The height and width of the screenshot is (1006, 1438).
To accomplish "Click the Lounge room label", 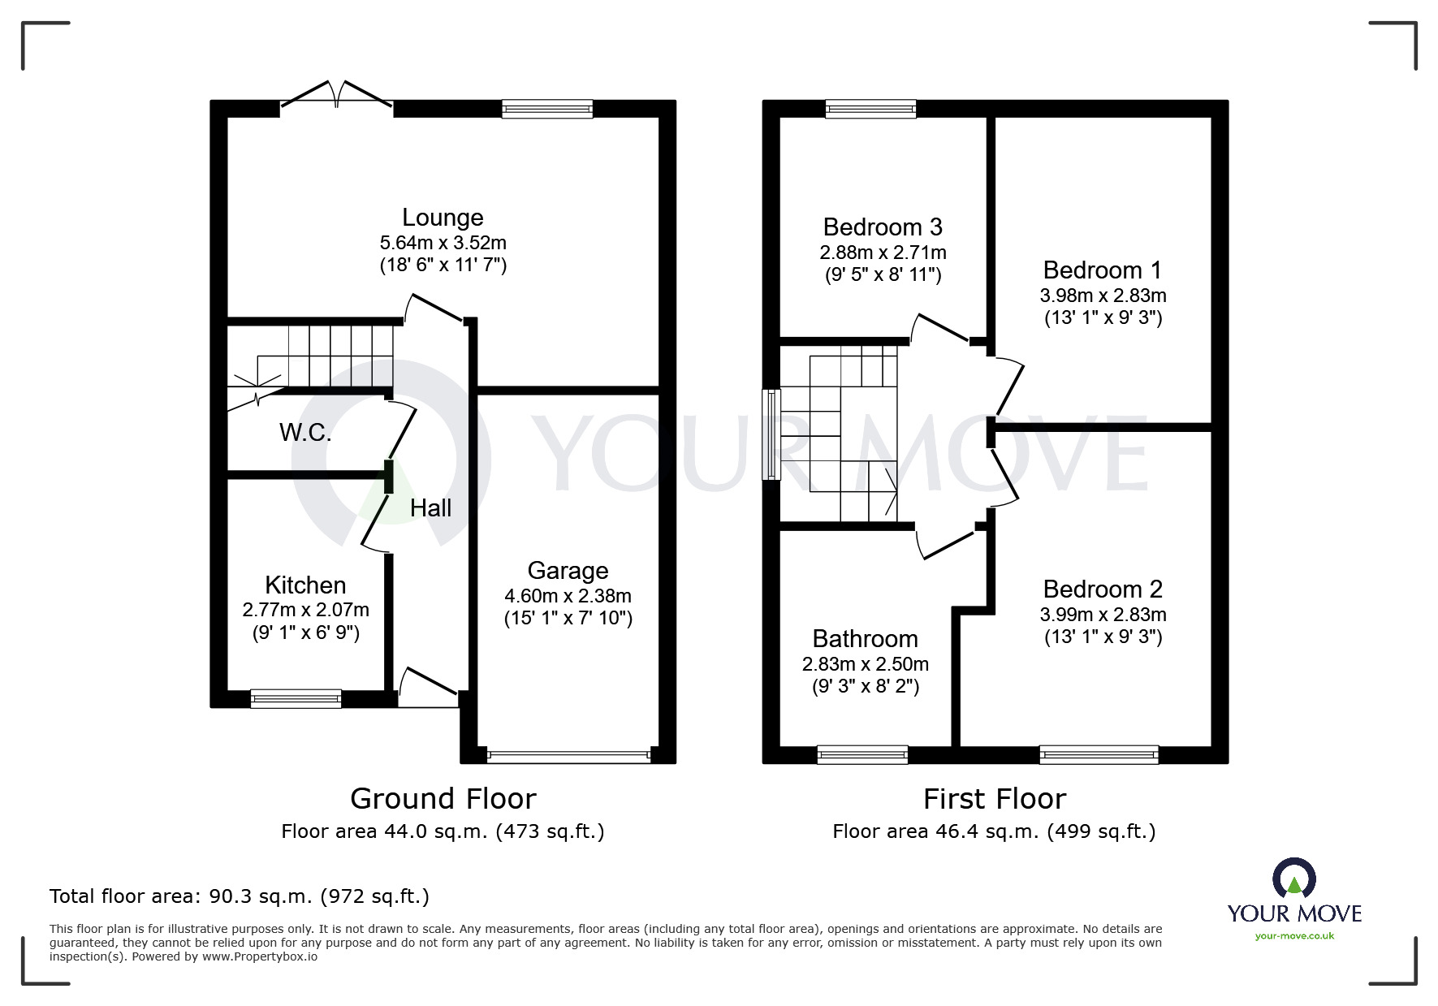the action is [x=443, y=218].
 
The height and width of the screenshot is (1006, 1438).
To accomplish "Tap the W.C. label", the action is [x=305, y=433].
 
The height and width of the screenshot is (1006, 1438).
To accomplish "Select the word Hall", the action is [x=430, y=508].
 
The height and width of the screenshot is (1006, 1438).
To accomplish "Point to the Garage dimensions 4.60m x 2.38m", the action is [x=568, y=596].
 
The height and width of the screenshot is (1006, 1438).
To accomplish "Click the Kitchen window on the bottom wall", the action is [x=296, y=698].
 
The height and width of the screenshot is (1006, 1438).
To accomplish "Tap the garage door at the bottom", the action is [x=568, y=755].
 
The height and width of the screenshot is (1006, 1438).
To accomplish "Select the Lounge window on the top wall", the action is [x=547, y=109].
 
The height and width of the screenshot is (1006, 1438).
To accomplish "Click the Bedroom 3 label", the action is [x=883, y=227].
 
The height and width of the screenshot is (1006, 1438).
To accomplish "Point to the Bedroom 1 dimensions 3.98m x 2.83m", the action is [x=1103, y=296].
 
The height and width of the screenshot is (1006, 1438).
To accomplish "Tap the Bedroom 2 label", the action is [x=1103, y=589].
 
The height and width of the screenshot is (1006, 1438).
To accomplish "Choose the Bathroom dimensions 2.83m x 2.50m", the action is [x=866, y=664].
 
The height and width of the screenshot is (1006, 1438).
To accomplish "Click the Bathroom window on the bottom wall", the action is [x=862, y=755].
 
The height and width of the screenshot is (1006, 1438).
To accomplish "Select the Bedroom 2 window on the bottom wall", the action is [x=1099, y=755].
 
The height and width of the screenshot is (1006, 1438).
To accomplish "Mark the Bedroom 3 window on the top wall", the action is [x=871, y=109].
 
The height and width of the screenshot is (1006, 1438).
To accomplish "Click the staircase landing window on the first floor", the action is [x=771, y=434].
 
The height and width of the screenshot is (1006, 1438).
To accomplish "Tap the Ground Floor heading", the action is [x=443, y=799].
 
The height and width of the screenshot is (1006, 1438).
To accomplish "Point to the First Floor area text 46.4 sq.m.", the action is [x=994, y=831].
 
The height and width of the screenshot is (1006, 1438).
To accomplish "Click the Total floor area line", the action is [x=240, y=896].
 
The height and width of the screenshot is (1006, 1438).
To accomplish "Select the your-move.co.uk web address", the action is [x=1294, y=936].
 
